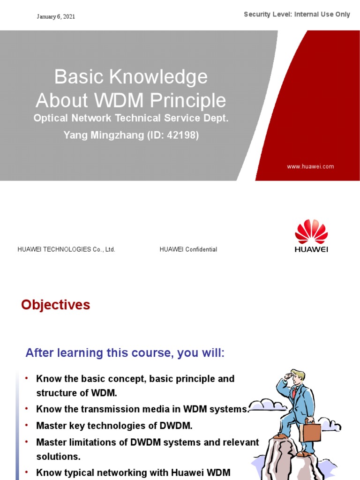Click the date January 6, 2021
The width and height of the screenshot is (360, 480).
[x=56, y=17]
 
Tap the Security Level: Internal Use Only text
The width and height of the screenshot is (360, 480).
[x=297, y=15]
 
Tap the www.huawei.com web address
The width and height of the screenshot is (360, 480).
[x=310, y=166]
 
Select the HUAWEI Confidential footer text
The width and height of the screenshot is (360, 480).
[x=188, y=249]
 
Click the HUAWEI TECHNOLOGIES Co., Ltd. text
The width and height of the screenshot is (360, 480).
[x=66, y=249]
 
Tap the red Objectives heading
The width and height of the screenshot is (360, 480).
[x=55, y=305]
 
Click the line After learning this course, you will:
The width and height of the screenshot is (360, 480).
[x=125, y=353]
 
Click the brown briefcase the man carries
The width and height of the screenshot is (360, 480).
[x=310, y=430]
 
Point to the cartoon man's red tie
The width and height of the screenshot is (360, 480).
[x=294, y=393]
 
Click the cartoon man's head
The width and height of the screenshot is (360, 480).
[x=296, y=376]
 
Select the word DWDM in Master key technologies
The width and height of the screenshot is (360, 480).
[x=175, y=426]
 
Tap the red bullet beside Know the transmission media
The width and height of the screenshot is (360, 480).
[x=27, y=409]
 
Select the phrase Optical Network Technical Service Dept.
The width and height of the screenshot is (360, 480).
[x=131, y=119]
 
